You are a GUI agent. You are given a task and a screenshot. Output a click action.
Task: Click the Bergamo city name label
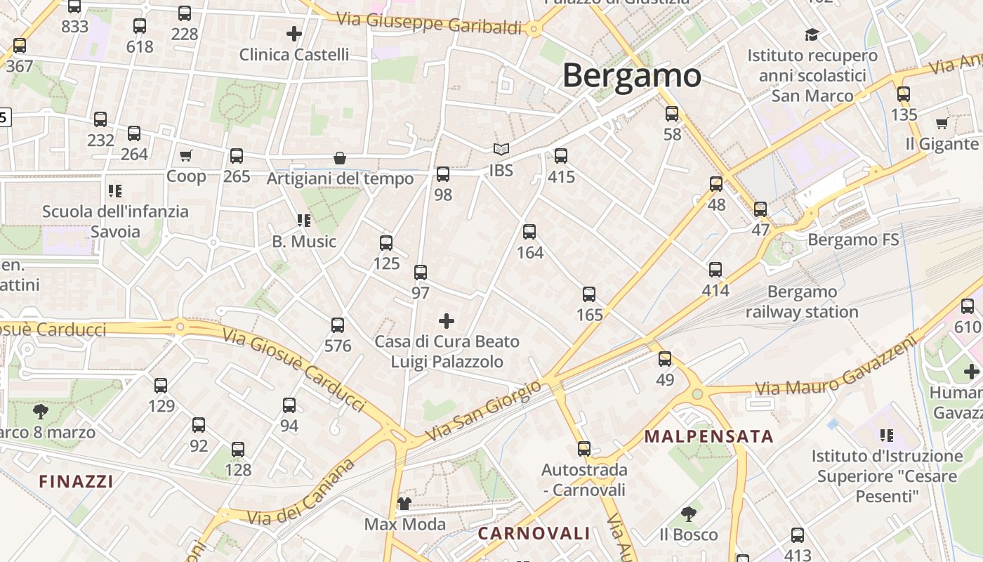pyautogui.click(x=631, y=75)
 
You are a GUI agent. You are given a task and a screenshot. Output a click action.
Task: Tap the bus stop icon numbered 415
pyautogui.click(x=560, y=156)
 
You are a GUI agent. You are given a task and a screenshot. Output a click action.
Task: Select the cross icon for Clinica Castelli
pyautogui.click(x=294, y=33)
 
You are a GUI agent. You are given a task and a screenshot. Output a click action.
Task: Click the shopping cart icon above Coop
pyautogui.click(x=185, y=155)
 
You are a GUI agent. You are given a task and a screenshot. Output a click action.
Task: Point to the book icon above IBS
pyautogui.click(x=501, y=149)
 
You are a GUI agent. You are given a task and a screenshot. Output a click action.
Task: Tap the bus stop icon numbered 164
pyautogui.click(x=529, y=232)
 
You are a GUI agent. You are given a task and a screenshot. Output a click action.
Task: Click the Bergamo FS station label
pyautogui.click(x=853, y=240)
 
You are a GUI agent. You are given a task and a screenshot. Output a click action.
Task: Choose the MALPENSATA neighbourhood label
pyautogui.click(x=708, y=436)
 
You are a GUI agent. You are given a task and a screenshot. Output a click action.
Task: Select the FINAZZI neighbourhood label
pyautogui.click(x=76, y=481)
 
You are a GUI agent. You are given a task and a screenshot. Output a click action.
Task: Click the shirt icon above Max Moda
pyautogui.click(x=404, y=503)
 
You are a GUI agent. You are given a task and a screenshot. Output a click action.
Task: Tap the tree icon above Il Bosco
pyautogui.click(x=688, y=514)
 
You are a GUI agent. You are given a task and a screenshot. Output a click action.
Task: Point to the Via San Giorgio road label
pyautogui.click(x=484, y=411)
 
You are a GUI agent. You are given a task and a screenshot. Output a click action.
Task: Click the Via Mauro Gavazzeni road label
pyautogui.click(x=836, y=367)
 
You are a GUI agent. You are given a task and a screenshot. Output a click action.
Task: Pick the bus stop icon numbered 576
pyautogui.click(x=338, y=325)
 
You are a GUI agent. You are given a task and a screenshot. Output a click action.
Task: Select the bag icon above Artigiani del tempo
pyautogui.click(x=340, y=158)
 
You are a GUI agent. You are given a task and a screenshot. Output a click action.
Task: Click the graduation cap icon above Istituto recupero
pyautogui.click(x=812, y=34)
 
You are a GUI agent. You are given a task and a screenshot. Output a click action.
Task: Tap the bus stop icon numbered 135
pyautogui.click(x=904, y=93)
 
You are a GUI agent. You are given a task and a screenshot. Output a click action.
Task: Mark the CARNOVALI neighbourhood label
pyautogui.click(x=534, y=533)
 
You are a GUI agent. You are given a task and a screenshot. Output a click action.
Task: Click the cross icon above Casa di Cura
pyautogui.click(x=446, y=322)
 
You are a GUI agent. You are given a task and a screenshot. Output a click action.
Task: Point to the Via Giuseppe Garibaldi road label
pyautogui.click(x=429, y=22)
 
